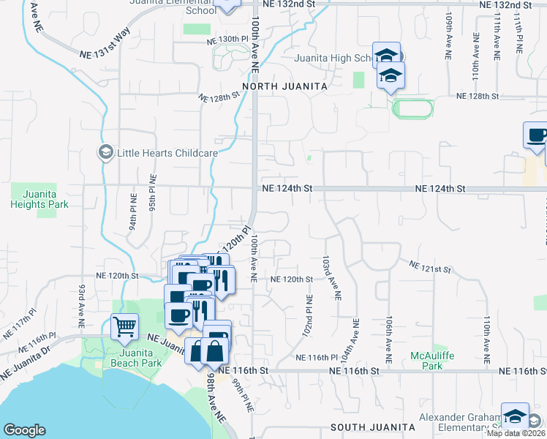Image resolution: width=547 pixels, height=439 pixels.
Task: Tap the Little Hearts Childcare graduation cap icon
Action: (x=105, y=152)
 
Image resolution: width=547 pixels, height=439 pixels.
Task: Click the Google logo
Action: (x=24, y=430)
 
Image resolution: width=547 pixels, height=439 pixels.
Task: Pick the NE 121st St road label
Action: (x=429, y=268)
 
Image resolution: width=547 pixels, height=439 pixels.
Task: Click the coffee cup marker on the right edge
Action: (x=536, y=135)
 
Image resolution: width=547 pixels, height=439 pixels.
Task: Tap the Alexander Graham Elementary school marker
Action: (x=515, y=415)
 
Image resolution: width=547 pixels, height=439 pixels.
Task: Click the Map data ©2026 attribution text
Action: (x=517, y=433)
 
